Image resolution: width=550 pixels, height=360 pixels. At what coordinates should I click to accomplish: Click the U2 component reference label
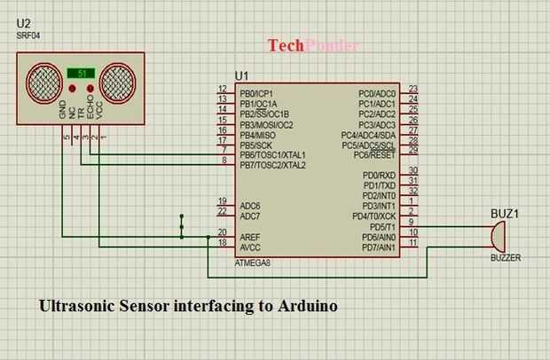pos(25,23)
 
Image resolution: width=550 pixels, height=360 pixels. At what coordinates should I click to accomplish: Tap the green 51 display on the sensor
pos(81,74)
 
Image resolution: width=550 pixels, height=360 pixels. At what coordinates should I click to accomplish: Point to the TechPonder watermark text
pos(313,45)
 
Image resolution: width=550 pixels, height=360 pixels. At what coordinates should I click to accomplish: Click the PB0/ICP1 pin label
pos(257,93)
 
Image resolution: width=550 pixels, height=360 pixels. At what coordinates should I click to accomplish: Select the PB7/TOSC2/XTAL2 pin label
pos(272,165)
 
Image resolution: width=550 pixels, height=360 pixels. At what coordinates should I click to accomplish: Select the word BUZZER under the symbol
pos(506,258)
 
